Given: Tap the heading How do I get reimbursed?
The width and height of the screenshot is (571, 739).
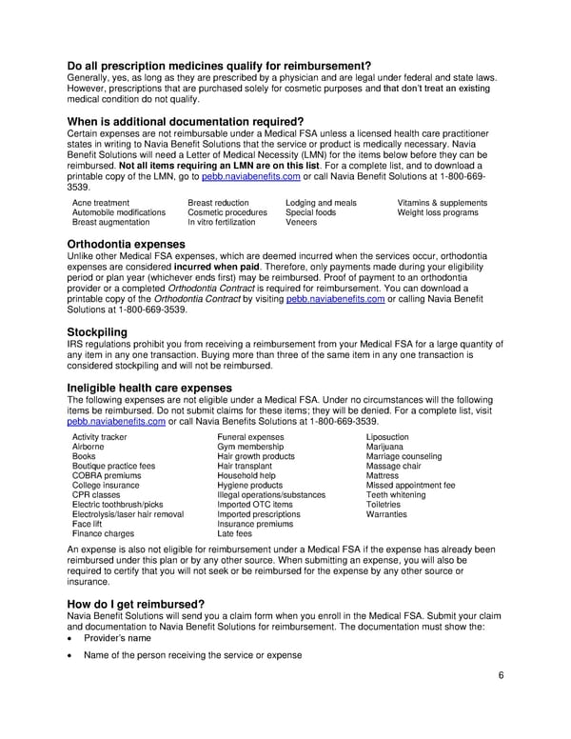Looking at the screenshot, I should tap(135, 605).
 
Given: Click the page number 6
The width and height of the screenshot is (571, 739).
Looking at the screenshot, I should tap(500, 676).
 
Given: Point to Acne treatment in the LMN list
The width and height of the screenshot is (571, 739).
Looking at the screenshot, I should tap(101, 203).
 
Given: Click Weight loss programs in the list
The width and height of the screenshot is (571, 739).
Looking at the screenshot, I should tap(438, 212).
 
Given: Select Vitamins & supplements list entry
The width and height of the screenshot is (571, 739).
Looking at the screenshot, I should tap(442, 203).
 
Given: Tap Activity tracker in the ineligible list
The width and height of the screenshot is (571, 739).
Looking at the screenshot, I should tap(100, 437).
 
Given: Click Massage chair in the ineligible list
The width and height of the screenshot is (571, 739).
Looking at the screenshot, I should tap(394, 466).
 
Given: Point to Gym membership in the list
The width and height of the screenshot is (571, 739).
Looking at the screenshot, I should tap(250, 447).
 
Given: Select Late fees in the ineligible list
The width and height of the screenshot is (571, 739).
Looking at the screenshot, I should tap(235, 533).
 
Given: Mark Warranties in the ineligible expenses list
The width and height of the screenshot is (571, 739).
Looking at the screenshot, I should tap(386, 514).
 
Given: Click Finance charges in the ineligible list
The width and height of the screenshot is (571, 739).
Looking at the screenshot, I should tap(103, 533).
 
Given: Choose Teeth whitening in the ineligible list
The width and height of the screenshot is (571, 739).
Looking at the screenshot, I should tap(396, 495).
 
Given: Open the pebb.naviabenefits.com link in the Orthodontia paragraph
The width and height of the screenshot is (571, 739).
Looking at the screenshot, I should tap(335, 299).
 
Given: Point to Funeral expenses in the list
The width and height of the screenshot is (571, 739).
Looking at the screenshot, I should tap(251, 437).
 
